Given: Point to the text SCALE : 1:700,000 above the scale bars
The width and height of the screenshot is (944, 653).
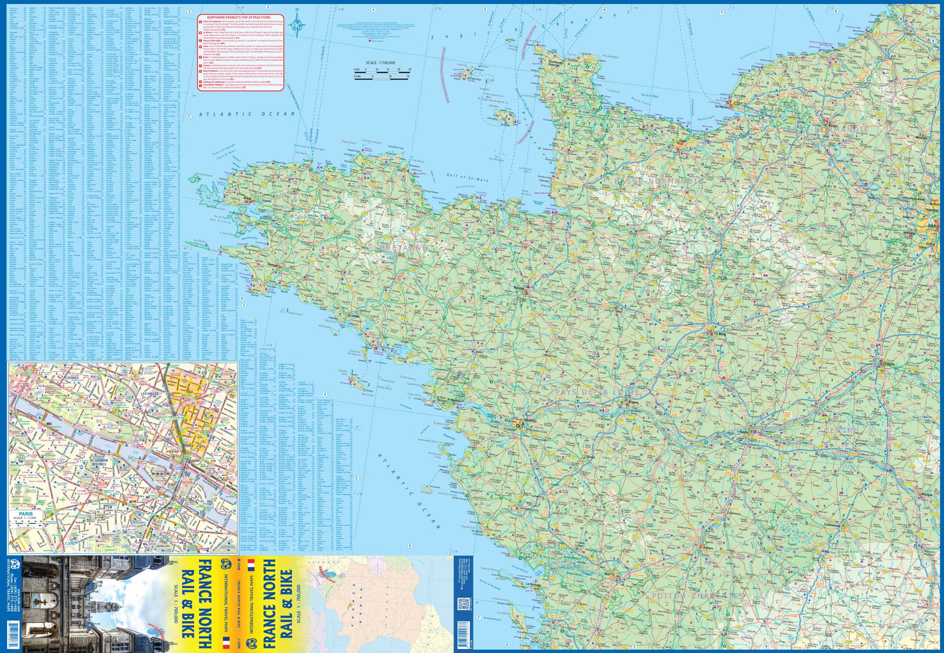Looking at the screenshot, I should pos(380,63).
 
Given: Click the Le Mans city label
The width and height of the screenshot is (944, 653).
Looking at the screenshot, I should pos(720,334).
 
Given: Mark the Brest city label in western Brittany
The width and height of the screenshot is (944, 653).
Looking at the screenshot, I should pos(247,199).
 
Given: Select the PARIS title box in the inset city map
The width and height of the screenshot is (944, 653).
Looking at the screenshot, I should pos(25,515).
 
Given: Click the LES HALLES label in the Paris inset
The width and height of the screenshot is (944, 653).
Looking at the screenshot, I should pos(150,393).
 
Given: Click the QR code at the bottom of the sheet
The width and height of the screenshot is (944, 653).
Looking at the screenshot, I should pos(463,603).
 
